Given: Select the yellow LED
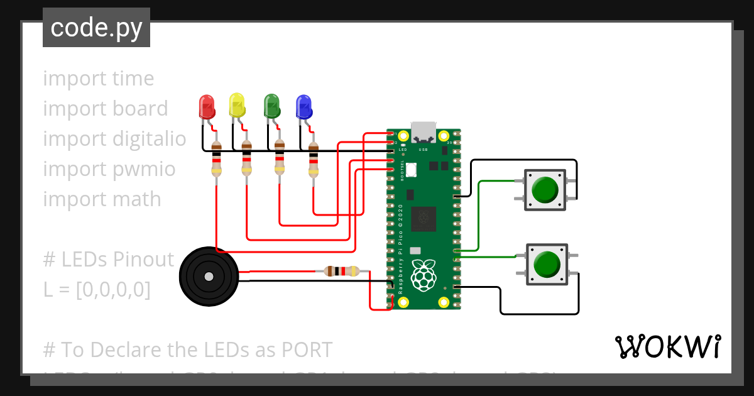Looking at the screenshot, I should [x=237, y=106].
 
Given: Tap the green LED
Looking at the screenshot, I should [x=271, y=106].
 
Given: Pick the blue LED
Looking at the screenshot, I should [x=304, y=107].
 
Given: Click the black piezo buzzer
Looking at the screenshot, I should [x=209, y=276].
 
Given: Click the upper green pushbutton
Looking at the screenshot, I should [x=545, y=189].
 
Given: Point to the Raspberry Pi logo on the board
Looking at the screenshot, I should [x=424, y=275].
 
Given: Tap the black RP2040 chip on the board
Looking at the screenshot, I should [x=423, y=218].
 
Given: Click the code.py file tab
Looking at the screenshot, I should [x=96, y=28].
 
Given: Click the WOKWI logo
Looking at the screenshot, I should [x=668, y=346].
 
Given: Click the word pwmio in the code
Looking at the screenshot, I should [x=144, y=169].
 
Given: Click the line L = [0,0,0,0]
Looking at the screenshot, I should [x=97, y=290].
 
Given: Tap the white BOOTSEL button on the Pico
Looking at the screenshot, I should [x=412, y=170].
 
